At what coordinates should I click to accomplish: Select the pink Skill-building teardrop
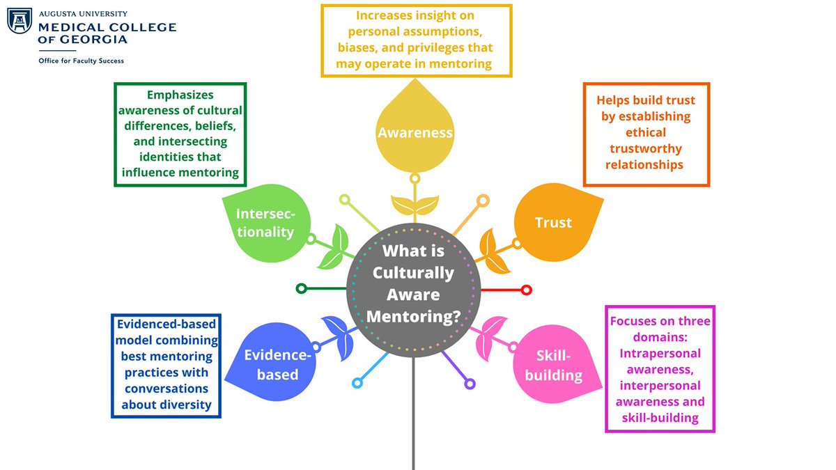pyautogui.click(x=550, y=362)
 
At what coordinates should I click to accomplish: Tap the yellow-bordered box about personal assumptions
pyautogui.click(x=416, y=40)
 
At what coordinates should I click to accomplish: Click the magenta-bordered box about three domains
pyautogui.click(x=660, y=368)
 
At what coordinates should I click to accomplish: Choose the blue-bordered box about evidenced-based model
pyautogui.click(x=166, y=365)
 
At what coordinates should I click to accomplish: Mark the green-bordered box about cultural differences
pyautogui.click(x=180, y=134)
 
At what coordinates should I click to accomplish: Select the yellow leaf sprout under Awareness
pyautogui.click(x=415, y=205)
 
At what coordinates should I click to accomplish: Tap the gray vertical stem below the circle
pyautogui.click(x=413, y=418)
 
